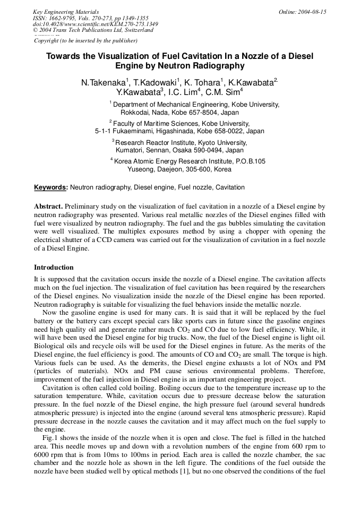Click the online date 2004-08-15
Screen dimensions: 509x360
(x=313, y=12)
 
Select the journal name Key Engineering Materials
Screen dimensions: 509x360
(x=66, y=12)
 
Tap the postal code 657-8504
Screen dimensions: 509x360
(x=208, y=113)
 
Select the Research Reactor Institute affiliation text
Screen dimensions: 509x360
(x=156, y=143)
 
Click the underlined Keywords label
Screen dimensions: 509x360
(x=50, y=187)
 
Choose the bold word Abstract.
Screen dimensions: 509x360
(x=48, y=205)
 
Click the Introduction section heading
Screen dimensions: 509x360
(x=54, y=267)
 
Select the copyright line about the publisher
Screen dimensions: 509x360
(x=85, y=40)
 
